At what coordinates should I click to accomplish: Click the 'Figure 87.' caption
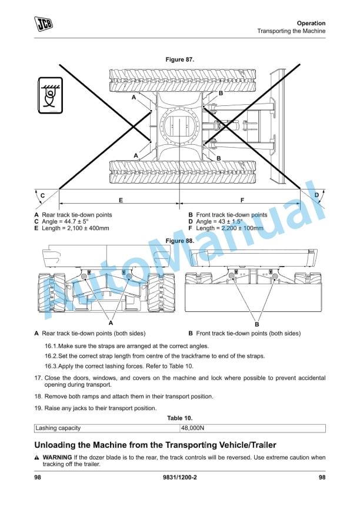pyautogui.click(x=180, y=60)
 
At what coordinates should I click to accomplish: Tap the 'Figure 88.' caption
pyautogui.click(x=180, y=241)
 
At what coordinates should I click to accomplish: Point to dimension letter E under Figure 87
pyautogui.click(x=121, y=200)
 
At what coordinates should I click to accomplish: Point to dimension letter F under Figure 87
pyautogui.click(x=242, y=200)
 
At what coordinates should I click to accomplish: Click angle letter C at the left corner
pyautogui.click(x=42, y=195)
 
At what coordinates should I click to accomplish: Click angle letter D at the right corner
pyautogui.click(x=316, y=195)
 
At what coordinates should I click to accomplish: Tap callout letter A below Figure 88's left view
pyautogui.click(x=111, y=322)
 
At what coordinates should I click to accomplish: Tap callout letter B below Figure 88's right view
pyautogui.click(x=257, y=324)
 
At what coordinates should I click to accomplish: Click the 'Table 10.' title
pyautogui.click(x=180, y=418)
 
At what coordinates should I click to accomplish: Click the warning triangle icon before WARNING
pyautogui.click(x=37, y=457)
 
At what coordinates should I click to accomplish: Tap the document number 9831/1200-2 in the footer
pyautogui.click(x=180, y=477)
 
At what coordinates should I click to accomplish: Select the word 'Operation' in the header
pyautogui.click(x=311, y=23)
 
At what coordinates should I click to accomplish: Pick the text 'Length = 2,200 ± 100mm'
pyautogui.click(x=231, y=228)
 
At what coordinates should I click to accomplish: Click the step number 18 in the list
pyautogui.click(x=38, y=397)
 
